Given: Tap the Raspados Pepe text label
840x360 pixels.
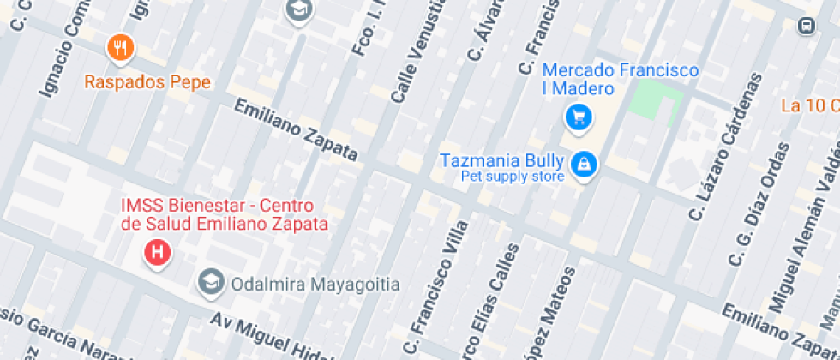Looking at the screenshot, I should [x=147, y=83].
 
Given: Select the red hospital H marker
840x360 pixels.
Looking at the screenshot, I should [x=158, y=252].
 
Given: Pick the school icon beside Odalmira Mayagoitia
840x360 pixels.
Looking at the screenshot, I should [x=208, y=281].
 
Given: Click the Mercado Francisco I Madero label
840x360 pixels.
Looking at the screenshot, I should [x=609, y=80].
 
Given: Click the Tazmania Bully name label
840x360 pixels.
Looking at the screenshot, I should [x=501, y=160].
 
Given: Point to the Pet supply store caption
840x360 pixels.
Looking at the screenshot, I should [x=513, y=177].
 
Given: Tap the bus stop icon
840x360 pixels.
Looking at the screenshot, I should [x=806, y=27].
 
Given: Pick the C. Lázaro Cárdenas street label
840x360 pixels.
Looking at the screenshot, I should [x=725, y=141].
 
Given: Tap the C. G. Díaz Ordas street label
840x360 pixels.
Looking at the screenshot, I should [x=759, y=206].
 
